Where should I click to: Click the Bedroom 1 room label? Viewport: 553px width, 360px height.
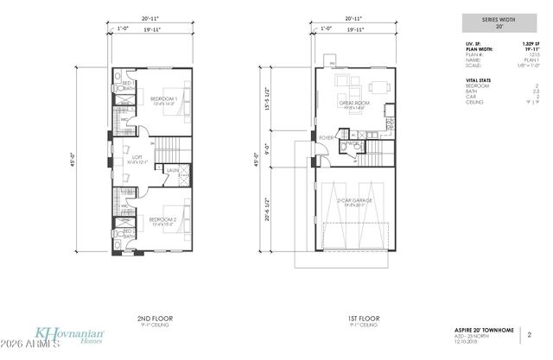[x=162, y=98]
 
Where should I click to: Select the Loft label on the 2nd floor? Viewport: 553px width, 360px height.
[x=136, y=157]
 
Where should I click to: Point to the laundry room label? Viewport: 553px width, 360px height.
[x=172, y=171]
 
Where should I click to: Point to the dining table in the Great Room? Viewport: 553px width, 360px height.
[x=378, y=86]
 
